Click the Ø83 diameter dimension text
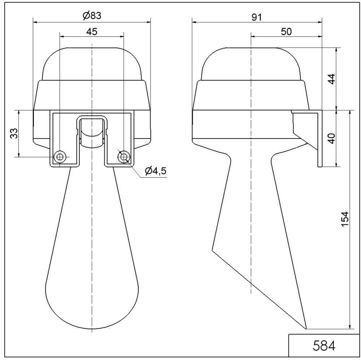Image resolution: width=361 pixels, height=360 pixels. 91,16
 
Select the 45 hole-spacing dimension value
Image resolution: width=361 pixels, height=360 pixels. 91,31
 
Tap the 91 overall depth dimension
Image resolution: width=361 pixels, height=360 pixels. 256,17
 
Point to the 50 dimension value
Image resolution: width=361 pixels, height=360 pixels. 286,31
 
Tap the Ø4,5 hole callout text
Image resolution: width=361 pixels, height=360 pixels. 156,171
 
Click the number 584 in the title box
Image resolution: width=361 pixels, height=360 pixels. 324,345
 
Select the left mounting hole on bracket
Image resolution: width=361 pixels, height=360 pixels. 59,157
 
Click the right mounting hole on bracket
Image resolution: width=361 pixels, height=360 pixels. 124,157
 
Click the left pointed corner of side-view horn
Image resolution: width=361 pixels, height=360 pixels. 212,250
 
